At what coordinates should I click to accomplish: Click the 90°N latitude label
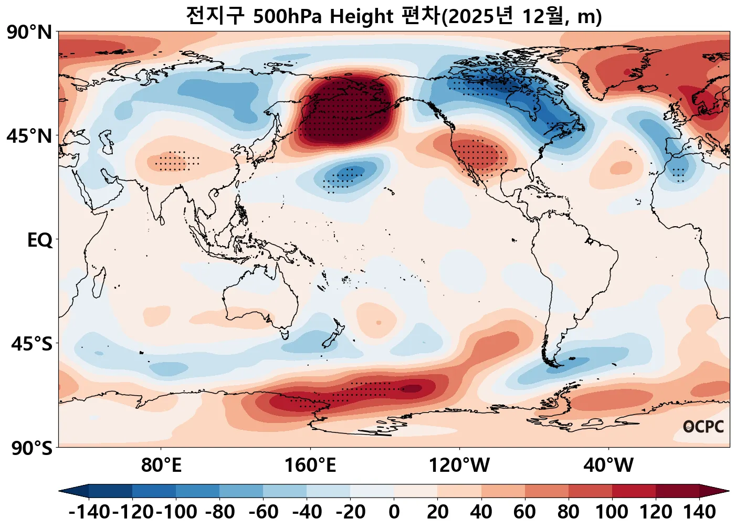pos(29,33)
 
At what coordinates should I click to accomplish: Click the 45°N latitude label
pos(29,136)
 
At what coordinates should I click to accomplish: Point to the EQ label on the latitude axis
pos(40,240)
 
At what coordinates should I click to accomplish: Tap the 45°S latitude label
pos(31,344)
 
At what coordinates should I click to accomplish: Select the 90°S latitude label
pos(31,448)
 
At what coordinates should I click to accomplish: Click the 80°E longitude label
pos(161,465)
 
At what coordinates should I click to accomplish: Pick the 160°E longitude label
pos(310,465)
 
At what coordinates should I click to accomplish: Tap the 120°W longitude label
pos(459,465)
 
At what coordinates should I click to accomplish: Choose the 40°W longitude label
pos(608,465)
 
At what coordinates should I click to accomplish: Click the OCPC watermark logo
pos(703,427)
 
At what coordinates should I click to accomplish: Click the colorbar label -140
pos(89,511)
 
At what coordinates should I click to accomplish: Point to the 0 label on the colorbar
pos(394,511)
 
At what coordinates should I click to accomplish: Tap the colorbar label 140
pos(699,511)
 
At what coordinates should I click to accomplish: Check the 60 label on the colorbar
pos(524,511)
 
